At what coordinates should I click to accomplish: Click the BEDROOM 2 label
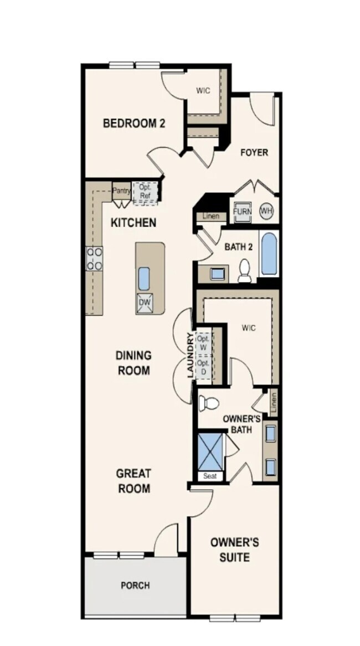(x=134, y=123)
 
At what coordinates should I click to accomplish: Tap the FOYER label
(x=254, y=152)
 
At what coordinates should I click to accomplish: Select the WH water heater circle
(x=266, y=211)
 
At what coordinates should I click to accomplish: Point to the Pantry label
(x=121, y=191)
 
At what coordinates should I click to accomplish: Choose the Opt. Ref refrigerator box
(x=146, y=191)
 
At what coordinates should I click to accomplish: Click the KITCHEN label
(x=133, y=223)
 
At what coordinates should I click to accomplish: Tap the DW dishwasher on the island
(x=145, y=303)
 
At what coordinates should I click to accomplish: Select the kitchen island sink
(x=144, y=278)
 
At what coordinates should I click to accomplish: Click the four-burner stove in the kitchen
(x=94, y=259)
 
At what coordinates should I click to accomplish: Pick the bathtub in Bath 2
(x=269, y=254)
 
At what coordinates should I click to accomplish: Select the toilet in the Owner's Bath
(x=209, y=403)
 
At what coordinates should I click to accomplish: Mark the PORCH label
(x=135, y=585)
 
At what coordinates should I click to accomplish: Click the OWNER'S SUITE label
(x=234, y=549)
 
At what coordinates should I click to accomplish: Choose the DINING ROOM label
(x=133, y=362)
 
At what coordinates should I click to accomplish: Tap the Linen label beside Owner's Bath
(x=273, y=402)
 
